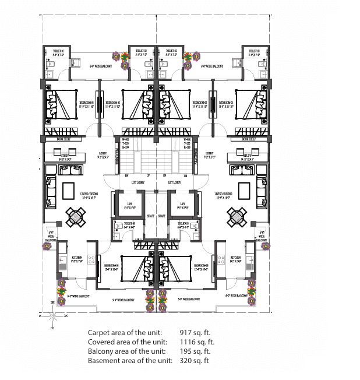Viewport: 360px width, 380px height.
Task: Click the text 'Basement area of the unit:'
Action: pyautogui.click(x=130, y=361)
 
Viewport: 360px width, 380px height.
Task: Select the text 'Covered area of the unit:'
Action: pyautogui.click(x=127, y=342)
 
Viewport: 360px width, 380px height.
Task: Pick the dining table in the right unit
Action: pyautogui.click(x=238, y=217)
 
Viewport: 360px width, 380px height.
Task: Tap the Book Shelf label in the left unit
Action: pyautogui.click(x=56, y=140)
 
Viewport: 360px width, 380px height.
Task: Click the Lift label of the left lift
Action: pyautogui.click(x=130, y=203)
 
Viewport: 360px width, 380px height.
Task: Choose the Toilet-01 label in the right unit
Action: pyautogui.click(x=254, y=52)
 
